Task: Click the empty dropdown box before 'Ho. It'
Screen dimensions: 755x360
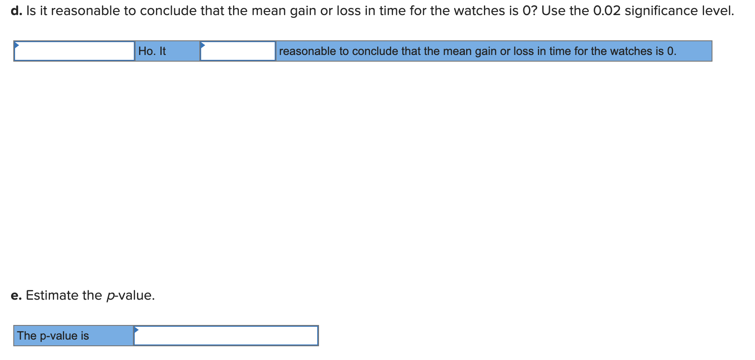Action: click(74, 51)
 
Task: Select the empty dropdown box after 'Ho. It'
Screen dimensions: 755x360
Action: click(238, 51)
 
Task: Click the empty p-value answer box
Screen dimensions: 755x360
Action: click(226, 336)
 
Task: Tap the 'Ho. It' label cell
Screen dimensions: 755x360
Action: click(152, 51)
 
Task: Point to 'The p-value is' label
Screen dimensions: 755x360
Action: click(53, 336)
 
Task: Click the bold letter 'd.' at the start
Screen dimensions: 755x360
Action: click(16, 11)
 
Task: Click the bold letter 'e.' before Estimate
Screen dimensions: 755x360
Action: click(16, 295)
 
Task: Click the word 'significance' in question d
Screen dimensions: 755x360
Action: click(661, 11)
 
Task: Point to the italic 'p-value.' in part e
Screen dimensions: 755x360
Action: click(131, 295)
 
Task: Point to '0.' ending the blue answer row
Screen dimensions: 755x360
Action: click(671, 51)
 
